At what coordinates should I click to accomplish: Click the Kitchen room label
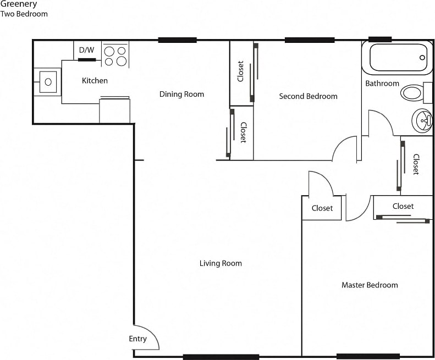(95, 81)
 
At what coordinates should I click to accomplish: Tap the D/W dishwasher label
(86, 50)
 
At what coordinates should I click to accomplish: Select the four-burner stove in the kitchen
(115, 56)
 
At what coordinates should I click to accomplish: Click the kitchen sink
(48, 82)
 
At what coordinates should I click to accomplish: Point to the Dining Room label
(181, 94)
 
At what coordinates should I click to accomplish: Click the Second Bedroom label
(308, 96)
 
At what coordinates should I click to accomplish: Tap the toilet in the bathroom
(413, 92)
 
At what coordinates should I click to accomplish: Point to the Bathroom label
(382, 84)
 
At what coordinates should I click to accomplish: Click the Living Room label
(221, 263)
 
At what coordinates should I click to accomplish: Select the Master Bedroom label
(370, 285)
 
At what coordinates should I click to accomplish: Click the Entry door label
(137, 339)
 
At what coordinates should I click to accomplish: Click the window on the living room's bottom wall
(221, 357)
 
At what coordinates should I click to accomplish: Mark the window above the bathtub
(379, 40)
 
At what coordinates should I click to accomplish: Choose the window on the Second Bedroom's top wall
(309, 40)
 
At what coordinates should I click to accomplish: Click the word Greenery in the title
(19, 4)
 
